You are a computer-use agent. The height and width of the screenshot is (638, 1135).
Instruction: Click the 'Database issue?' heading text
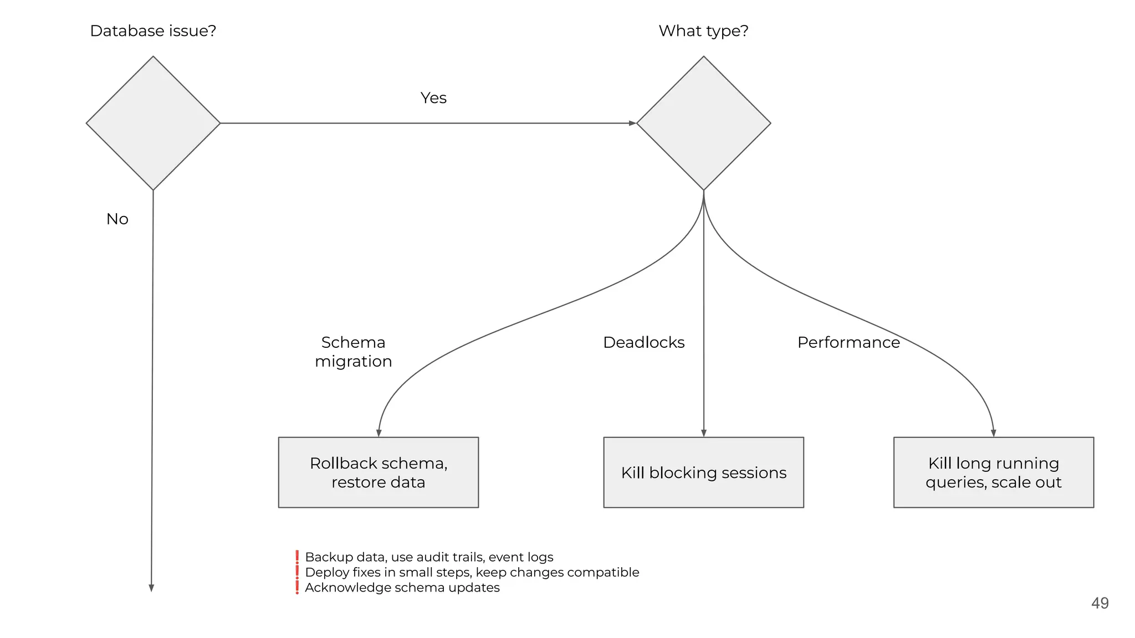click(x=153, y=31)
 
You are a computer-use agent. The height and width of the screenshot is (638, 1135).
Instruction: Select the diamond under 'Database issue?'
click(x=153, y=123)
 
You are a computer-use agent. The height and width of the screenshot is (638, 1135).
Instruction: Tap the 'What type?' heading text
click(x=703, y=31)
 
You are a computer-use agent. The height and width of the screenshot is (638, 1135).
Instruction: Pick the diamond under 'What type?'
click(x=703, y=123)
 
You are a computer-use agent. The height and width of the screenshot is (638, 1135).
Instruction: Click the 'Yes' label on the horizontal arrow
click(x=433, y=98)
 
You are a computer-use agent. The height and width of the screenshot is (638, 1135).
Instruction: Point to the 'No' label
click(x=117, y=219)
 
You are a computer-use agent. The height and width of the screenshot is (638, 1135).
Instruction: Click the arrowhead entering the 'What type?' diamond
click(x=632, y=123)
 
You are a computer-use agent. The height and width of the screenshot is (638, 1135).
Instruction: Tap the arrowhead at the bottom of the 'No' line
click(x=151, y=588)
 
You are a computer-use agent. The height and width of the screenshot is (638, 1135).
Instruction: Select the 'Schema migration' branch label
click(x=353, y=352)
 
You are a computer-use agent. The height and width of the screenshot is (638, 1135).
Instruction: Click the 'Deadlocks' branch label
click(x=643, y=342)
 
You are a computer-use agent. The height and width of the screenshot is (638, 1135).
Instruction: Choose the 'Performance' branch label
click(x=848, y=342)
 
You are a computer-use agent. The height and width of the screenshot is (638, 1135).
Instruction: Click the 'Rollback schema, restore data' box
click(x=379, y=472)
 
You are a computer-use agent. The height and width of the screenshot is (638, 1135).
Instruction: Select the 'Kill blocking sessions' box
click(x=703, y=472)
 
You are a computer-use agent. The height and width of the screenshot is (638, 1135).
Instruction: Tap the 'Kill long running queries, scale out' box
click(x=993, y=472)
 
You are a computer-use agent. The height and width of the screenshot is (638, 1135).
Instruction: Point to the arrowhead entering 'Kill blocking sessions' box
click(x=704, y=433)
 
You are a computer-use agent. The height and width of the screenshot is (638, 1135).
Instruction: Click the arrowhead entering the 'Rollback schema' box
click(x=379, y=433)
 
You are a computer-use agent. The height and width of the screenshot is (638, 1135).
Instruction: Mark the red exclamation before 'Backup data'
click(x=297, y=557)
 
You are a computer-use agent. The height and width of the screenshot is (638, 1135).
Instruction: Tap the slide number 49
click(x=1100, y=603)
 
